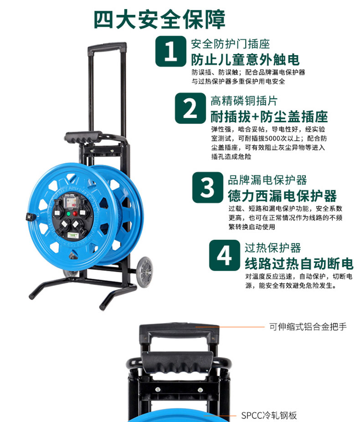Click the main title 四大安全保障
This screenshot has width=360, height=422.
[x=159, y=20]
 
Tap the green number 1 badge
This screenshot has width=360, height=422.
[x=170, y=51]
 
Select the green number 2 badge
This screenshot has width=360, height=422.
[x=190, y=108]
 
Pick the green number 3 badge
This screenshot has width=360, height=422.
[x=207, y=187]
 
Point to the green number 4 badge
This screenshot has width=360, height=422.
[x=225, y=255]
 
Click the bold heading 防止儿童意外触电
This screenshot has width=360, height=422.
[x=245, y=60]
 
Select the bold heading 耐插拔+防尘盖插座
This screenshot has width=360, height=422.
[x=269, y=117]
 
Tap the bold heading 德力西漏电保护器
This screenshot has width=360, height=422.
[x=283, y=196]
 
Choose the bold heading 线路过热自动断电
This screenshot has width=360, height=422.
[x=299, y=264]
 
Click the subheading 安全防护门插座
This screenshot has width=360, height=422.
[x=231, y=44]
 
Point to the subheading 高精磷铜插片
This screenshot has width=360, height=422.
[x=244, y=101]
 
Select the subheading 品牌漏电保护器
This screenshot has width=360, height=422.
[x=267, y=180]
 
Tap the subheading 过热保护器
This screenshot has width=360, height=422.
[x=273, y=248]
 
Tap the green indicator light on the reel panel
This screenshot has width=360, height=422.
[x=68, y=214]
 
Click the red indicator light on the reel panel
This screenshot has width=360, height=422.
[x=75, y=214]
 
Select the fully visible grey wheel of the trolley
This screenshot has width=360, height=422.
[x=144, y=272]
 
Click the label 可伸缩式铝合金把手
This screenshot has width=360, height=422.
[x=308, y=327]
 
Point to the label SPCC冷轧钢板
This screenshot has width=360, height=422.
[x=269, y=415]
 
